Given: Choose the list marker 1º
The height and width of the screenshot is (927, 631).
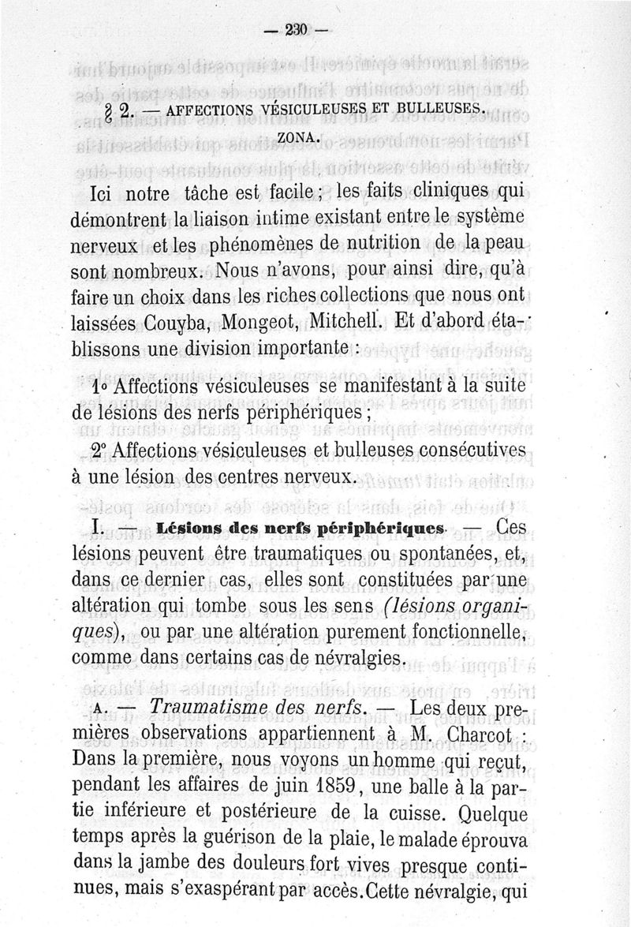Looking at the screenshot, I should tap(100, 388).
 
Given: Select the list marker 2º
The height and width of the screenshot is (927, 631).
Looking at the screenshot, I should tap(100, 449).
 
